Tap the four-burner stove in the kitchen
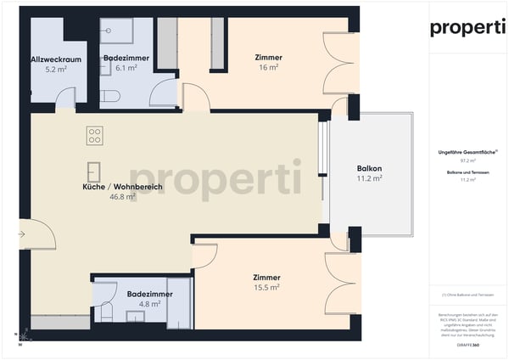tap(94, 136)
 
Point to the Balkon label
tap(369, 168)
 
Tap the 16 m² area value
tap(268, 68)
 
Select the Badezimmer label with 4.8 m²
tap(149, 294)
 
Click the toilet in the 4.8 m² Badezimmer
tap(104, 311)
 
